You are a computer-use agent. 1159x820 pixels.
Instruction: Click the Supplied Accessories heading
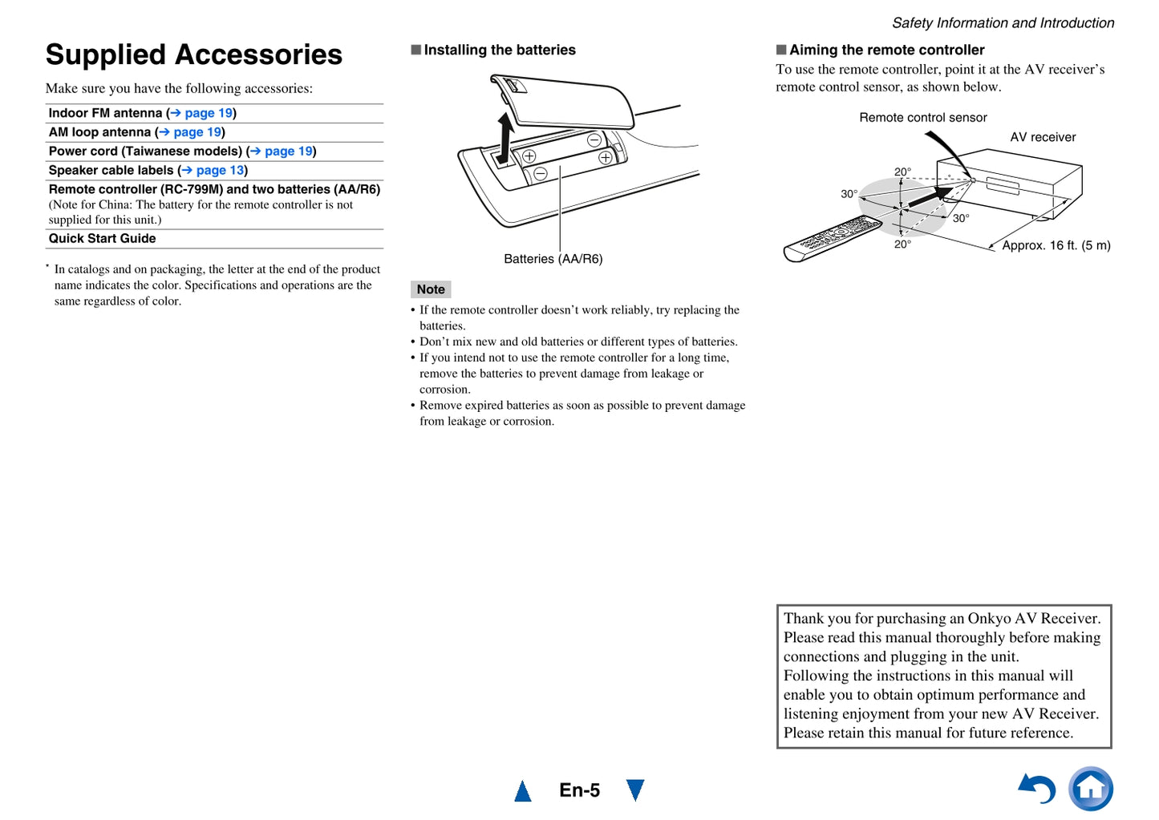[x=193, y=55]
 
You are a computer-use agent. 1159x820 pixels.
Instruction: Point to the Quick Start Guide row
[x=103, y=239]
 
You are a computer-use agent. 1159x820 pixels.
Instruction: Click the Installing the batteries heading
[x=499, y=50]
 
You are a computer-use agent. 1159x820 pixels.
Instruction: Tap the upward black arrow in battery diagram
[x=505, y=136]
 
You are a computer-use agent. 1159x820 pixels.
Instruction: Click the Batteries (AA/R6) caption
[x=553, y=259]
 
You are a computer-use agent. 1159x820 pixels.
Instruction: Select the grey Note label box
[x=431, y=289]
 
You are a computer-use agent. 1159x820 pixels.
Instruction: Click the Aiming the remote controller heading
[x=886, y=50]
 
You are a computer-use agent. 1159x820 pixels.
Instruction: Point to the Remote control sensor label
[x=922, y=118]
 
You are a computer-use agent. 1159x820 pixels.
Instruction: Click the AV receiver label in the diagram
[x=1043, y=137]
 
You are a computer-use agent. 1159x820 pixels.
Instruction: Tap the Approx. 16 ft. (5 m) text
[x=1056, y=245]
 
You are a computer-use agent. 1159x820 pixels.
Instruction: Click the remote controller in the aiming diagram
[x=833, y=238]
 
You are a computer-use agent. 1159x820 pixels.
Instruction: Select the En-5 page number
[x=579, y=790]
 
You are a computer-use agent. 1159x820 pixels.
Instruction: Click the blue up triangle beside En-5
[x=523, y=792]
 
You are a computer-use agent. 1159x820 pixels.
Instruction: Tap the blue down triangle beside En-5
[x=635, y=790]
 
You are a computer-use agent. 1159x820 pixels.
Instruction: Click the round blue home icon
[x=1091, y=789]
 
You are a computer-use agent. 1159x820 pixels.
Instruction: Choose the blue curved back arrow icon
[x=1037, y=789]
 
